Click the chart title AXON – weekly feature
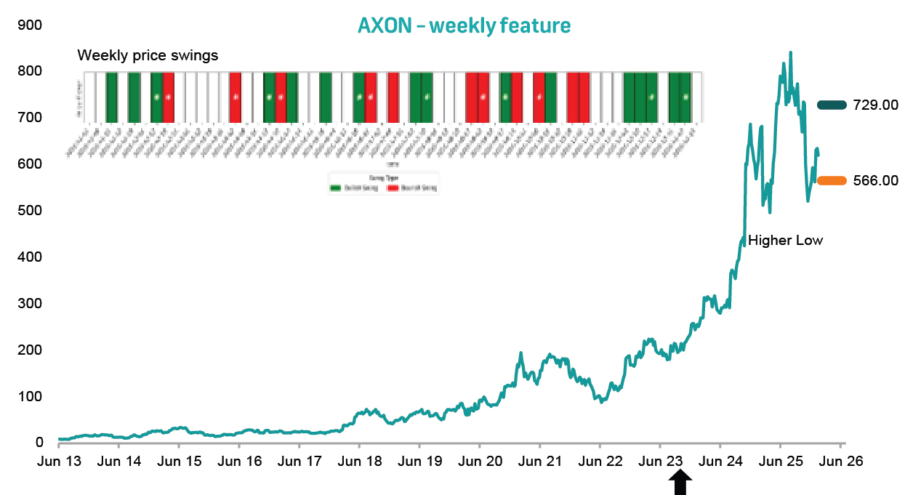[x=464, y=26]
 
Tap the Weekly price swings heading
[x=148, y=55]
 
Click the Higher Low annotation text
[x=785, y=241]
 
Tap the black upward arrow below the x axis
[x=680, y=482]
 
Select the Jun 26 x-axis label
[x=840, y=461]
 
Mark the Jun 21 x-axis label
[x=539, y=461]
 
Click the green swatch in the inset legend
[x=335, y=188]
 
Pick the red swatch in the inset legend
[x=393, y=188]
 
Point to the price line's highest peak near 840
[x=790, y=53]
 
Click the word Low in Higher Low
[x=809, y=241]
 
